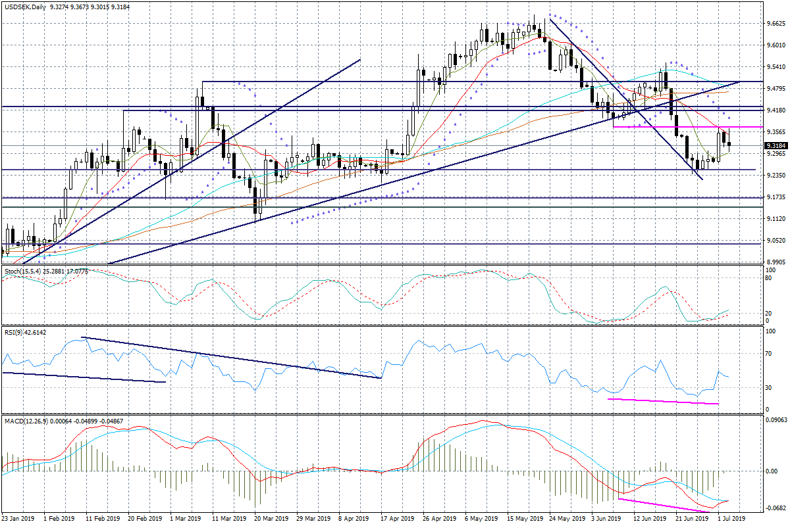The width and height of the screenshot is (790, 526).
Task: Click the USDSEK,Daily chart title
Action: pos(23,5)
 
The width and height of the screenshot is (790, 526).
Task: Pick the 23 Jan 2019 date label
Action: pos(18,519)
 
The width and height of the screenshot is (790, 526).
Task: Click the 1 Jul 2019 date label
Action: pos(731,519)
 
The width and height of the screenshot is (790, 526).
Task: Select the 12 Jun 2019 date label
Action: pos(648,519)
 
